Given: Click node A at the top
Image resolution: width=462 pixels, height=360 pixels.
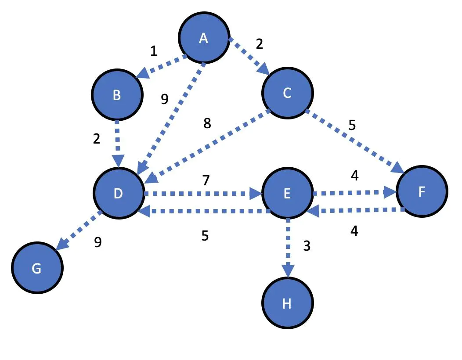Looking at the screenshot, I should [203, 38].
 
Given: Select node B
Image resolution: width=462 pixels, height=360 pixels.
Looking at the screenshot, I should [117, 95].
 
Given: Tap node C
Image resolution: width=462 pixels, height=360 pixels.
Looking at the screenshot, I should [287, 93].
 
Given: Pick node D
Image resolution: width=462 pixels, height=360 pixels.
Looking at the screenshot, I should [118, 193].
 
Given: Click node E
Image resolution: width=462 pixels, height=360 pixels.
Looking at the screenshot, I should [287, 193].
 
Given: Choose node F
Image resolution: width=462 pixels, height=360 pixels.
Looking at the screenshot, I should [422, 192].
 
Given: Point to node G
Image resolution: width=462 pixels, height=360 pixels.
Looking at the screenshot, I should [37, 268].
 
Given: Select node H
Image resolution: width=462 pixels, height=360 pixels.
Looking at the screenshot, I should [287, 303].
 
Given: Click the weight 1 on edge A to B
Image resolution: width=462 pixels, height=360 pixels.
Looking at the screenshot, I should [153, 51].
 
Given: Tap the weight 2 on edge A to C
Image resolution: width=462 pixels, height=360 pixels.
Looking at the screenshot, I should [259, 43].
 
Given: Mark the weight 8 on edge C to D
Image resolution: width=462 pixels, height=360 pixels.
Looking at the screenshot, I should [207, 124].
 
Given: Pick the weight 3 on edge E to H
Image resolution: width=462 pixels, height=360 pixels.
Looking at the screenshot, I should [307, 246].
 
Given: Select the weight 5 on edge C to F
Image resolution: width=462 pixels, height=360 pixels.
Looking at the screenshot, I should [352, 125].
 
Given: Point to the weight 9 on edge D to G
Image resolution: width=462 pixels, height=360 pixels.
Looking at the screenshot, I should [98, 242].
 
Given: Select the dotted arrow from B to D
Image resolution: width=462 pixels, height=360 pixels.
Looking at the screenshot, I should [117, 143].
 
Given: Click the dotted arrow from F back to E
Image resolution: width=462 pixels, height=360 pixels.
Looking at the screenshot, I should [356, 211].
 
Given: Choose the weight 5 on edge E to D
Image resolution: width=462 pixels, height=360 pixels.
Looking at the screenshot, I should [205, 236].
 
